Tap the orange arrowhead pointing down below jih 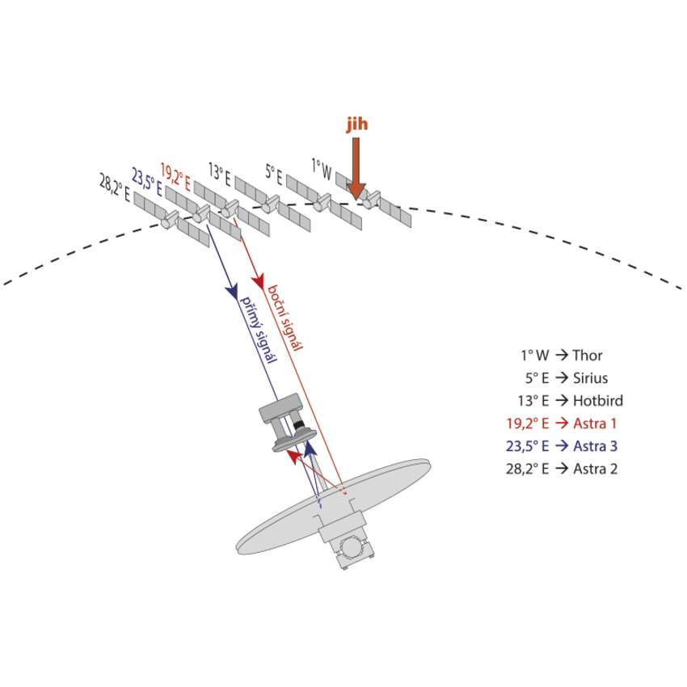[356, 190]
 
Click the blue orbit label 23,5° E [147, 182]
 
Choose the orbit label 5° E [274, 172]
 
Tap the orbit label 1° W [321, 169]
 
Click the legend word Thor [588, 355]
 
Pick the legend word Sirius [590, 377]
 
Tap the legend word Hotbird [598, 400]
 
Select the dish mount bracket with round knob [352, 548]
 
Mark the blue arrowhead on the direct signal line [233, 289]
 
